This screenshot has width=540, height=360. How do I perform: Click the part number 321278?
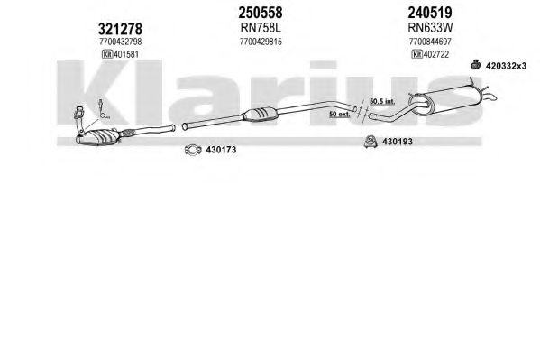[x=120, y=29]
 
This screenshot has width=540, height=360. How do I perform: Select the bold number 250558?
[x=261, y=13]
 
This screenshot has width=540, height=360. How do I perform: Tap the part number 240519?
[x=430, y=13]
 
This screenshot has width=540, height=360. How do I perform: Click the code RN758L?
[x=261, y=28]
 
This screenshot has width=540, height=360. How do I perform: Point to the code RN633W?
[x=430, y=27]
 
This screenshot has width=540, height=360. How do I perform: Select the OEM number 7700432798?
[x=120, y=42]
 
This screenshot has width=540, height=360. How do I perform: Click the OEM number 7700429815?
[x=261, y=42]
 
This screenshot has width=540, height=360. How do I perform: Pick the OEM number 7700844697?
[x=430, y=42]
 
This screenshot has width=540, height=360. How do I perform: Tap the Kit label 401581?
[x=120, y=54]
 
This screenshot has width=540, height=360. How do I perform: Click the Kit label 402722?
[x=430, y=54]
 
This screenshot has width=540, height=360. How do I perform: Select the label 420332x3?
[x=506, y=66]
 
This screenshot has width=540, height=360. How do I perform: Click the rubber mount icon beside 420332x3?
[x=476, y=64]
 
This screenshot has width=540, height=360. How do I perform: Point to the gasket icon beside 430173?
[x=193, y=149]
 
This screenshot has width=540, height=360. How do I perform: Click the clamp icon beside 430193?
[x=371, y=142]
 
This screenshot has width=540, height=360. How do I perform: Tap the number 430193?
[x=398, y=142]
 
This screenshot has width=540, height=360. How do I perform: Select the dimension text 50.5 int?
[x=382, y=101]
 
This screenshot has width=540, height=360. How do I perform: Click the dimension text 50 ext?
[x=339, y=114]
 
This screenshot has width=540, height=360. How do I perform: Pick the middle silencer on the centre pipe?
[x=261, y=115]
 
